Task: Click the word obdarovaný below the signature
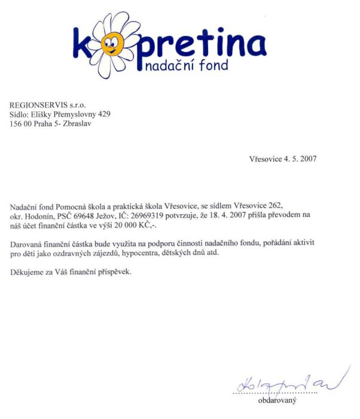pos(277,400)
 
